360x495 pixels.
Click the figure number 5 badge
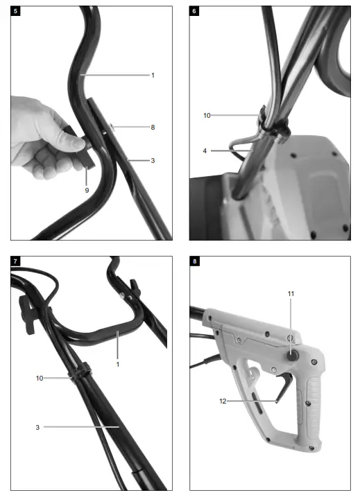(x=15, y=12)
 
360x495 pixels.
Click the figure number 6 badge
(x=194, y=12)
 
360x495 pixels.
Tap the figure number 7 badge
(x=15, y=261)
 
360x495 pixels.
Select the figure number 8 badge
(x=194, y=261)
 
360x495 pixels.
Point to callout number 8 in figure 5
(x=153, y=127)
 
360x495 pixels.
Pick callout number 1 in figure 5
(x=153, y=75)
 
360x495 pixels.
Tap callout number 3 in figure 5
(x=153, y=160)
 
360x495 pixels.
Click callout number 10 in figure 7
(x=40, y=379)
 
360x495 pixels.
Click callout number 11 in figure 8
(x=291, y=293)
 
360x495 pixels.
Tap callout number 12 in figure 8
(x=223, y=401)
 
